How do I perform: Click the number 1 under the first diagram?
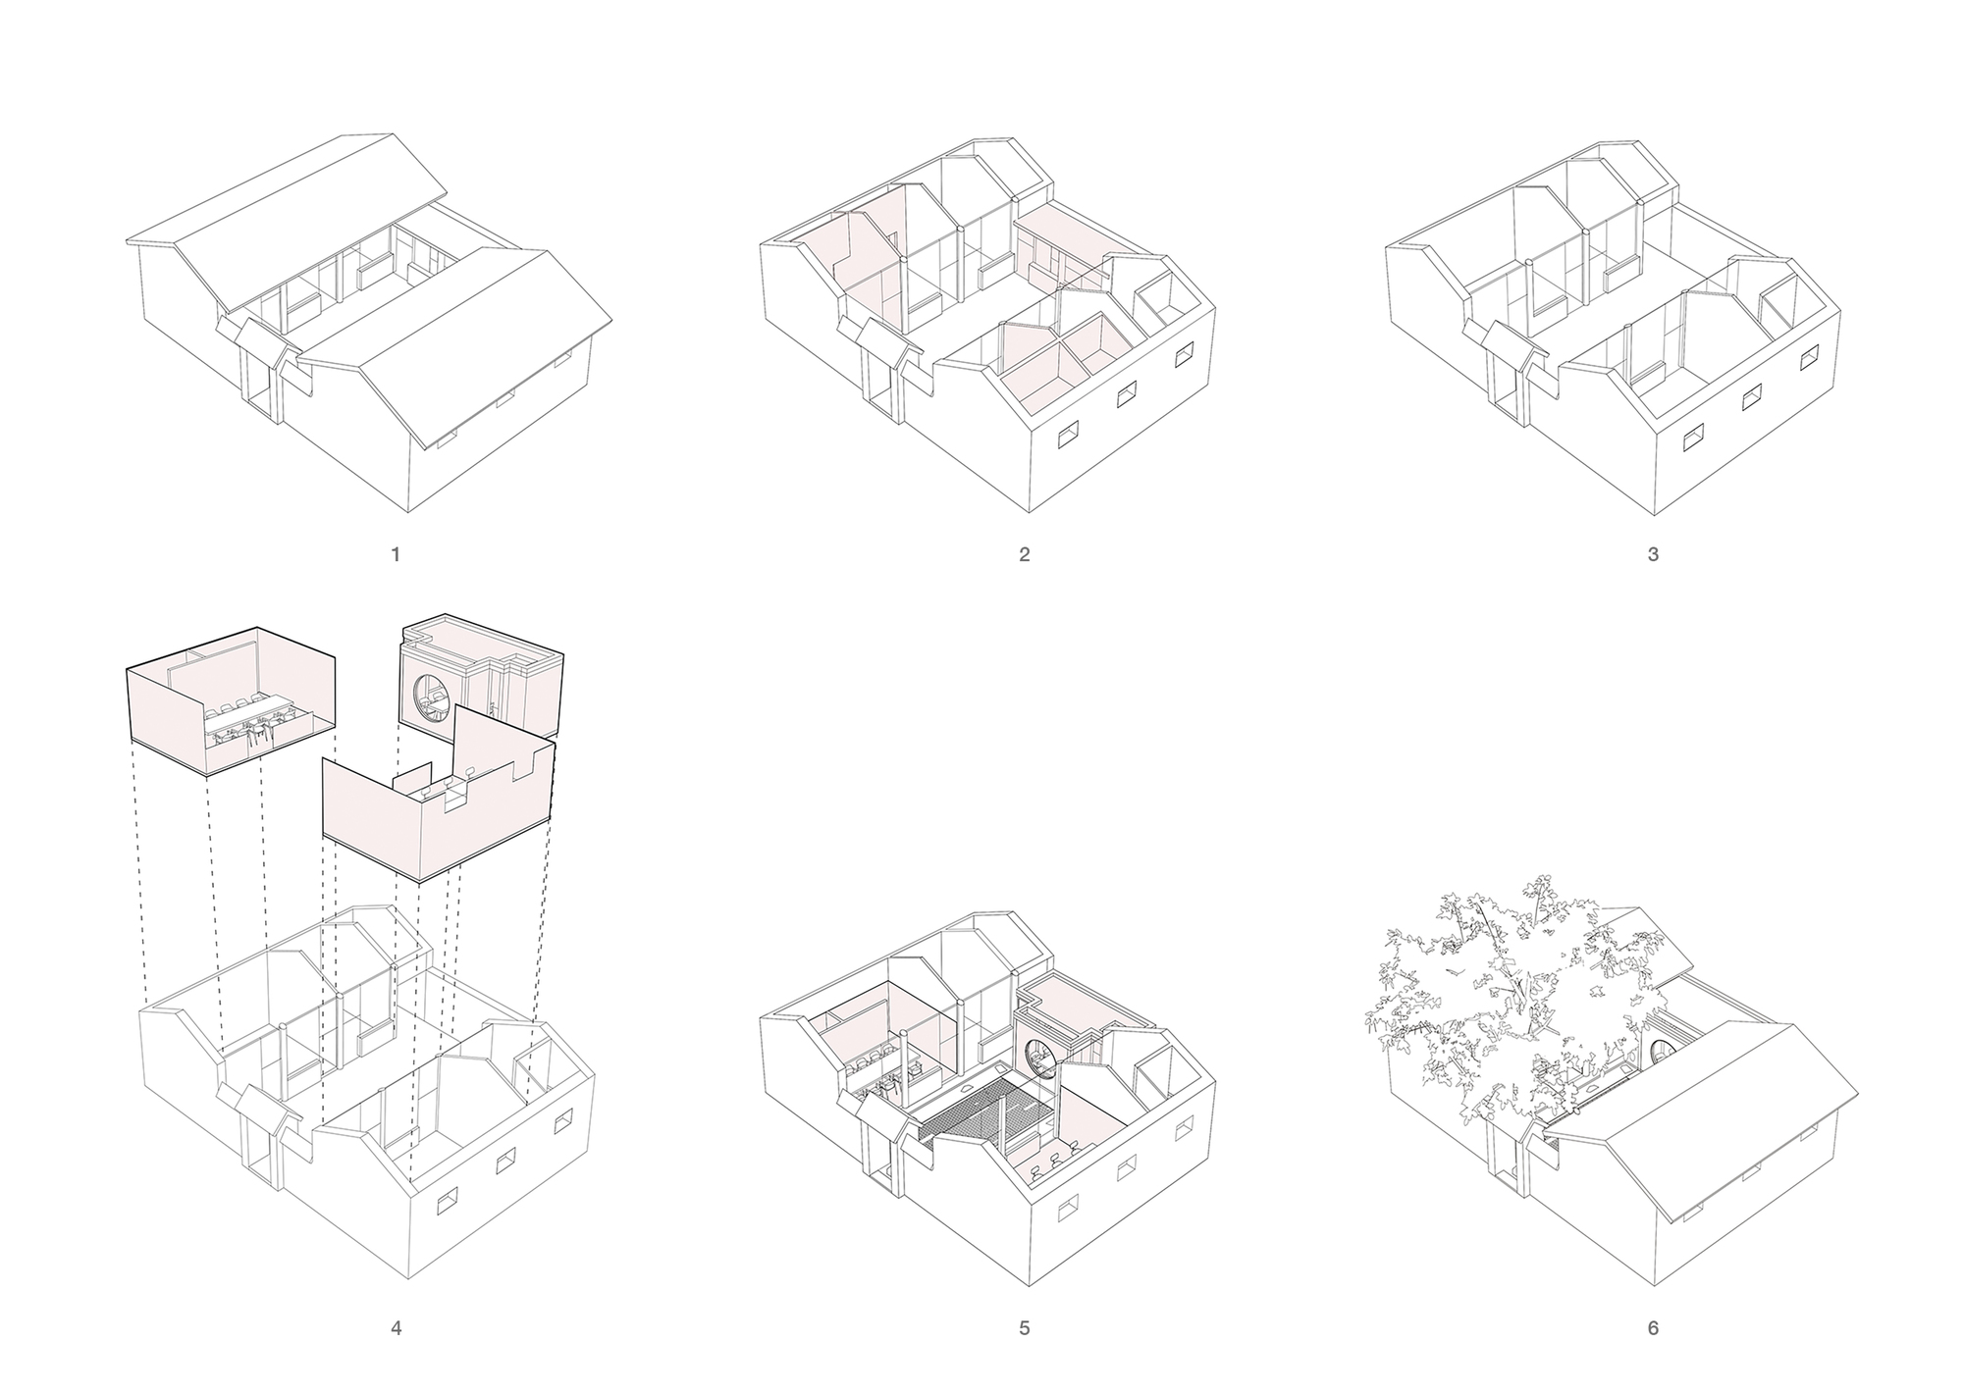point(396,554)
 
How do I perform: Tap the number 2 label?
point(1025,554)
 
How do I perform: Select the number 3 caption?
point(1653,554)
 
